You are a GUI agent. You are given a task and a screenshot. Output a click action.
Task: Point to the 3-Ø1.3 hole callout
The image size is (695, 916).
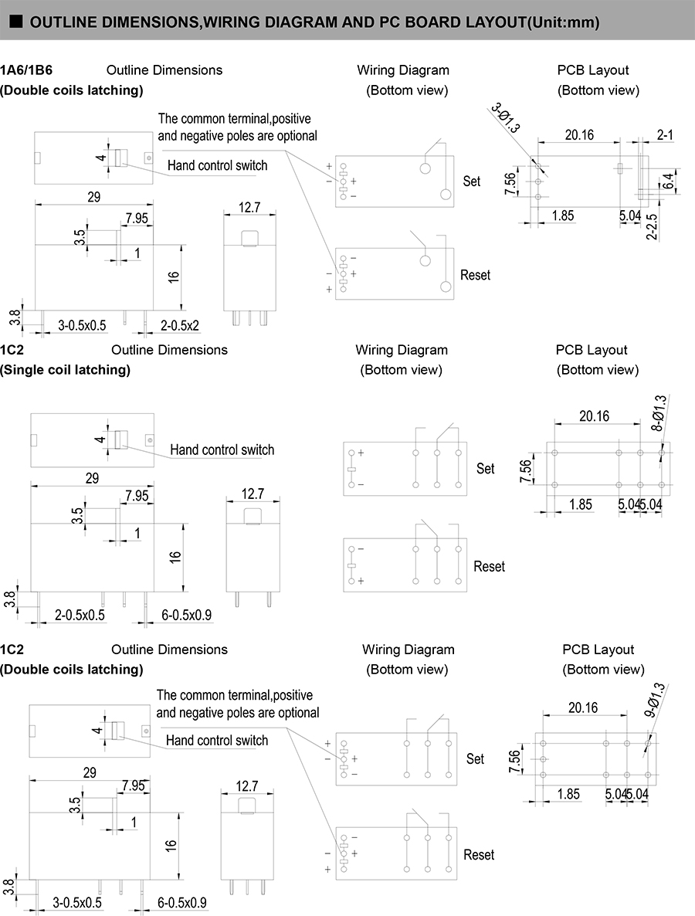[x=507, y=118]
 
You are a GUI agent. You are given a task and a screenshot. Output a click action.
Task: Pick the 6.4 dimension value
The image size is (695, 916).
[x=668, y=182]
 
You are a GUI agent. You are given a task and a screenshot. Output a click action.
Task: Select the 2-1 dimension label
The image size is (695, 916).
[x=665, y=135]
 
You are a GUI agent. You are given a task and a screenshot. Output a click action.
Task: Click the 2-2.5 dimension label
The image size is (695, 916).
[x=653, y=226]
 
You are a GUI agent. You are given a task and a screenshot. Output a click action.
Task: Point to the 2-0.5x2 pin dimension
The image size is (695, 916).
[x=180, y=325]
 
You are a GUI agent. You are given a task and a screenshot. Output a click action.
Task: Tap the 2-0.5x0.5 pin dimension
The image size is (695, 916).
[x=80, y=616]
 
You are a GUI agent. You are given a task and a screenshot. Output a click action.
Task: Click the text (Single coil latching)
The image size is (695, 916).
[x=65, y=370]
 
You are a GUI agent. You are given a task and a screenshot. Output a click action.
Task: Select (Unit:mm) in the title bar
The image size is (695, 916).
[x=562, y=22]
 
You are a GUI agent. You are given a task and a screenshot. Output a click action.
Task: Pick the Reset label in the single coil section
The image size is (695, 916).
[x=489, y=567]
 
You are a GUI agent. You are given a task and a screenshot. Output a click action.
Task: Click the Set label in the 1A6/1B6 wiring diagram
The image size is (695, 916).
[x=472, y=182]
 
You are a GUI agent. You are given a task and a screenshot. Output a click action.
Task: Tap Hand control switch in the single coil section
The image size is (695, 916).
[x=222, y=450]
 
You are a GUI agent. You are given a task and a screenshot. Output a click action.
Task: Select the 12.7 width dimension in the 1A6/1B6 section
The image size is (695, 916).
[x=249, y=207]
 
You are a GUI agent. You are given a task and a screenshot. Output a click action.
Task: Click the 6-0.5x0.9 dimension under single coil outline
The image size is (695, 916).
[x=185, y=616]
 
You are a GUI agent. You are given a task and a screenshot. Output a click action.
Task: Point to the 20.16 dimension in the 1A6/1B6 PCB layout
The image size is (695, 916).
[x=579, y=135]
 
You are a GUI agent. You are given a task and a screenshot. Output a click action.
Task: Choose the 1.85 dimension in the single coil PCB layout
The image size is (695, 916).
[x=581, y=505]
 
